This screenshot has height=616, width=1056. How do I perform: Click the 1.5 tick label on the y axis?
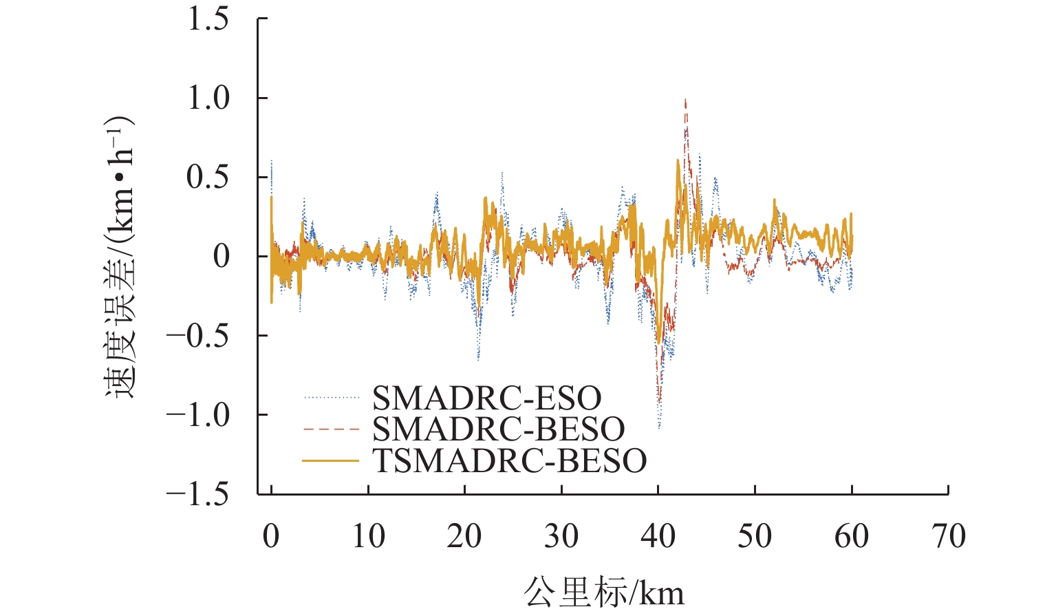tap(208, 19)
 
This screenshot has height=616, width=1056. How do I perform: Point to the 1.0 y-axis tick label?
tap(208, 98)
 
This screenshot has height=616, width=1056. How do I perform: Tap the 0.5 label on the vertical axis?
tap(208, 178)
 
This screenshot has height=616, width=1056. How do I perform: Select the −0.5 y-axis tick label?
tap(198, 336)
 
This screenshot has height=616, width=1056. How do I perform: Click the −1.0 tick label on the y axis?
tap(198, 415)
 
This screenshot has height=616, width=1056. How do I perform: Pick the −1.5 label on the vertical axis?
tap(198, 494)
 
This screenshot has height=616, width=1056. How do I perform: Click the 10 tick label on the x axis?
tap(368, 537)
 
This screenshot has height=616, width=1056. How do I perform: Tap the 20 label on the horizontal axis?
tap(465, 537)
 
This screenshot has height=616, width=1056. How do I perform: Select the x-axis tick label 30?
tap(561, 537)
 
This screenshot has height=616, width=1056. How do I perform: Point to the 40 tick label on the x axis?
tap(658, 537)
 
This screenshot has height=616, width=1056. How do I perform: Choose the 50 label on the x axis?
tap(755, 537)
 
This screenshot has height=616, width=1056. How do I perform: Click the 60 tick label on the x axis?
tap(852, 537)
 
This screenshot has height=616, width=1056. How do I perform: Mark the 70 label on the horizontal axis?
tap(949, 537)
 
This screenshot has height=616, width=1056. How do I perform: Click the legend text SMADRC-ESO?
tap(486, 398)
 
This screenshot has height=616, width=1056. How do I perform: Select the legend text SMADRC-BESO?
tap(498, 429)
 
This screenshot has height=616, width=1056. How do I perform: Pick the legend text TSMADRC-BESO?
tap(509, 460)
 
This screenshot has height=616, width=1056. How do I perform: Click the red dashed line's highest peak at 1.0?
tap(685, 100)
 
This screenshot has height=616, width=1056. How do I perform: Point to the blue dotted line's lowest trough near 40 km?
tap(659, 427)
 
